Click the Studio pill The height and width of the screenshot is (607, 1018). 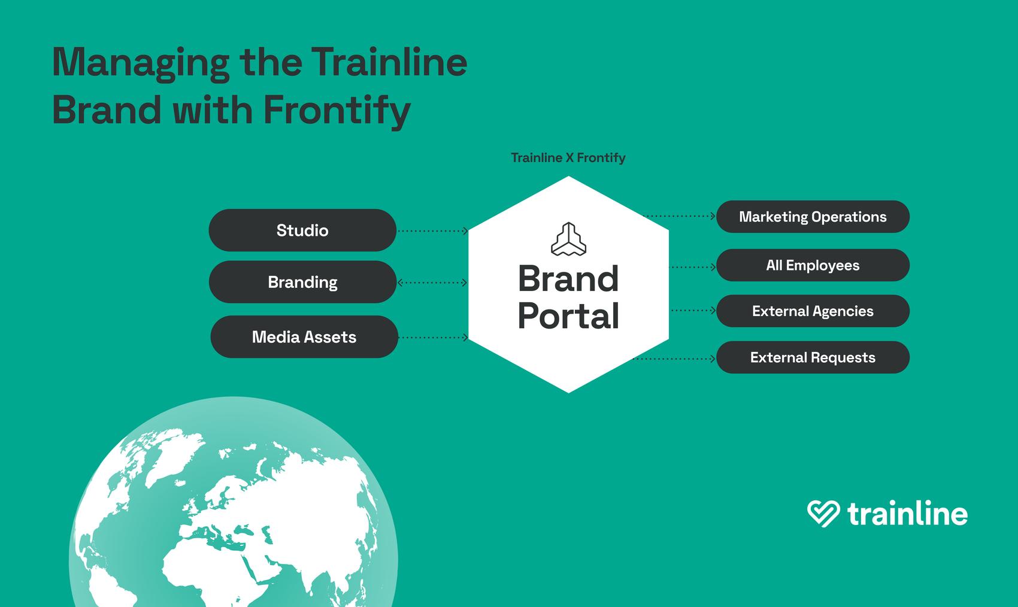point(302,230)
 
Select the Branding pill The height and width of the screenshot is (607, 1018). point(302,282)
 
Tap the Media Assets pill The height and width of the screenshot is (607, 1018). point(304,336)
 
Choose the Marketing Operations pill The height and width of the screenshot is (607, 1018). point(813,217)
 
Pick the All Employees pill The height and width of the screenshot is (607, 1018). point(813,265)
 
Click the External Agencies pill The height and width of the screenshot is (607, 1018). point(813,311)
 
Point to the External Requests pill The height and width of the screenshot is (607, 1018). point(813,357)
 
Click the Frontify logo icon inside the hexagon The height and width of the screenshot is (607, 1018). point(568,239)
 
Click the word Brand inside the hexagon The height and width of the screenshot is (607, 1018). point(568,278)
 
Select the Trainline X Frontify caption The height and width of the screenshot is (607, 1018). point(568,157)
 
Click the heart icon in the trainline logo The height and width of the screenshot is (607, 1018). point(823,514)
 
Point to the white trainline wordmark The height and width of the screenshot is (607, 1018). point(908,514)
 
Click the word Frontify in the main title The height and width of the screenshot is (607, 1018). point(337,110)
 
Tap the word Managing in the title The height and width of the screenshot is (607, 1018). point(141,63)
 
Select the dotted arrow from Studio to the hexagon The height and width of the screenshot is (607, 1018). point(432,231)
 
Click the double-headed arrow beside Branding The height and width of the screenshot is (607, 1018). point(432,283)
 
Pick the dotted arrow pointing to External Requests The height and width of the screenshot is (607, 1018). point(674,359)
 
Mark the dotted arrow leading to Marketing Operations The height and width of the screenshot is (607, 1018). point(679,216)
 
